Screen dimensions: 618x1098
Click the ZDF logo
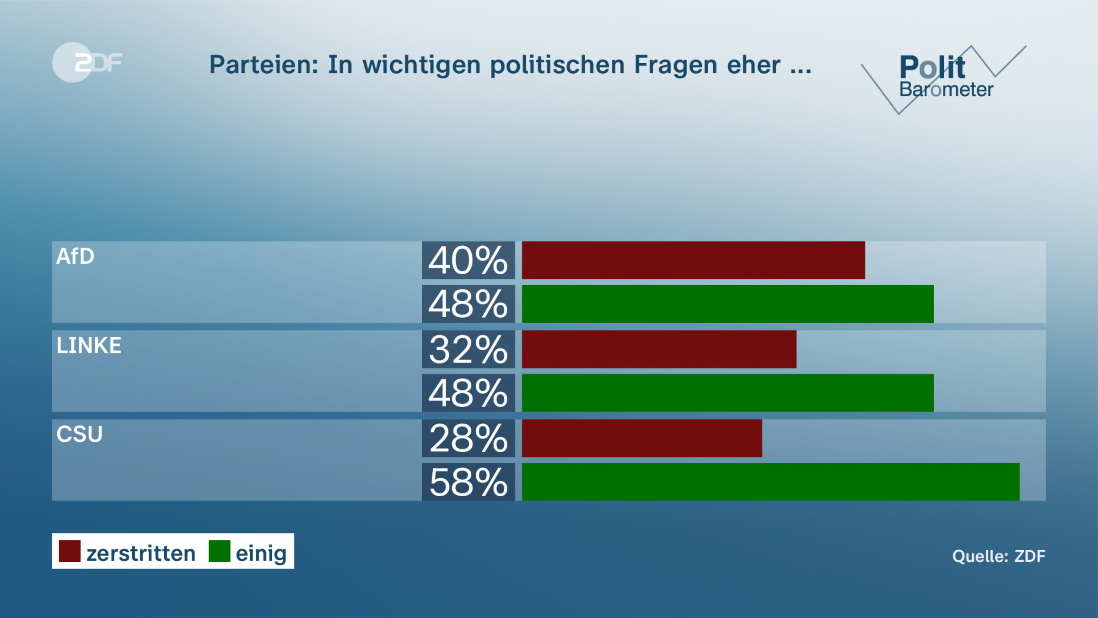87,62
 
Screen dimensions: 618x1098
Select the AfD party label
75,256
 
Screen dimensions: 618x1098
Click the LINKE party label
89,346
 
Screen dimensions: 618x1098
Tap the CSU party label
80,434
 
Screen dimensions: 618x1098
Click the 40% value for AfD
468,260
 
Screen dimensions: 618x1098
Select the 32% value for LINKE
468,350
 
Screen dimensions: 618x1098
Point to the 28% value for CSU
468,439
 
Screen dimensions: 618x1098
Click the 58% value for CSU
468,482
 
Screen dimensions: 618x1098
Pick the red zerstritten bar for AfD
693,260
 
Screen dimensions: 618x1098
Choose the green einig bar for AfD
727,304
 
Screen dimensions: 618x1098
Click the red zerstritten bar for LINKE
659,350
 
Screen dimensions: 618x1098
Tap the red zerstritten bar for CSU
642,439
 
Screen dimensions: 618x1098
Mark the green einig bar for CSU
770,482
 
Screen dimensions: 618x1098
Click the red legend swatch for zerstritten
70,551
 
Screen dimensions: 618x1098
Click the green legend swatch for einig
219,551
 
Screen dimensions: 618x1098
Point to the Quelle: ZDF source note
999,556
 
